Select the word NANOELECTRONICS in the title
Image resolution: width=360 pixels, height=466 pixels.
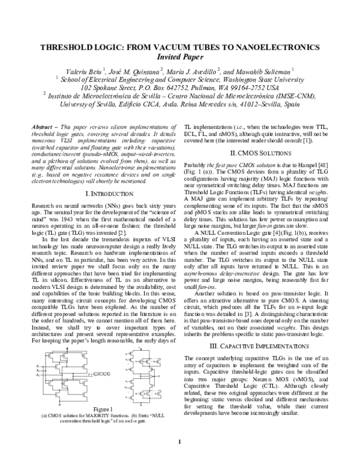pyautogui.click(x=269, y=47)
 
